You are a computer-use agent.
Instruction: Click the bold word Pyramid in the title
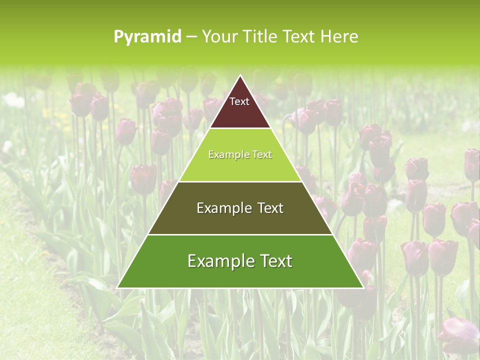click(x=147, y=37)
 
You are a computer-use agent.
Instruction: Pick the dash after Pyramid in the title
click(x=191, y=37)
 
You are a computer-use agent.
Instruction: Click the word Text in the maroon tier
click(x=239, y=101)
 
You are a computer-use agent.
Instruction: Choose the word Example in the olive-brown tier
click(x=222, y=208)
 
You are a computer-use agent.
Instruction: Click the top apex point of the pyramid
click(x=240, y=75)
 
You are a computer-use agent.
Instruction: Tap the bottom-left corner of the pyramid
click(x=117, y=287)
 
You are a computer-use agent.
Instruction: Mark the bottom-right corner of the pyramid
click(x=363, y=287)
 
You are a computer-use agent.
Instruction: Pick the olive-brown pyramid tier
click(x=240, y=222)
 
